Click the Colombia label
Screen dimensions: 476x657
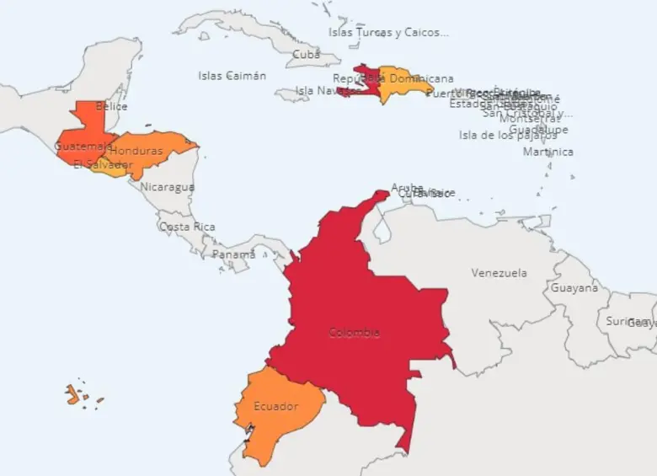click(354, 333)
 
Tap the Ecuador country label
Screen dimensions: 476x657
click(275, 407)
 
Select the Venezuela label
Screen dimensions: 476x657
click(499, 273)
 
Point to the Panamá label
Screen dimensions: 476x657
click(233, 254)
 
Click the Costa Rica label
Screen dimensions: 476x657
click(187, 227)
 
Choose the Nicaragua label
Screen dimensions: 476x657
click(168, 187)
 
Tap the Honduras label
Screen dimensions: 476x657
click(136, 151)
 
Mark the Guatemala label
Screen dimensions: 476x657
click(83, 146)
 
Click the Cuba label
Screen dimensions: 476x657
click(306, 55)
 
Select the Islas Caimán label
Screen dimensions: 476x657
click(232, 76)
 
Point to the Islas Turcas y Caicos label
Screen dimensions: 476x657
click(388, 33)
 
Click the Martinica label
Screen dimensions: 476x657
click(548, 152)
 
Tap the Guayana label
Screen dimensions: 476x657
click(574, 288)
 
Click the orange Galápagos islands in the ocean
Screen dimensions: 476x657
click(73, 394)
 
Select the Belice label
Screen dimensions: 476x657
click(111, 107)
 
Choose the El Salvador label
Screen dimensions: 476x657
click(103, 164)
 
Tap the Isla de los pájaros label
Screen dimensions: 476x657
click(507, 135)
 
